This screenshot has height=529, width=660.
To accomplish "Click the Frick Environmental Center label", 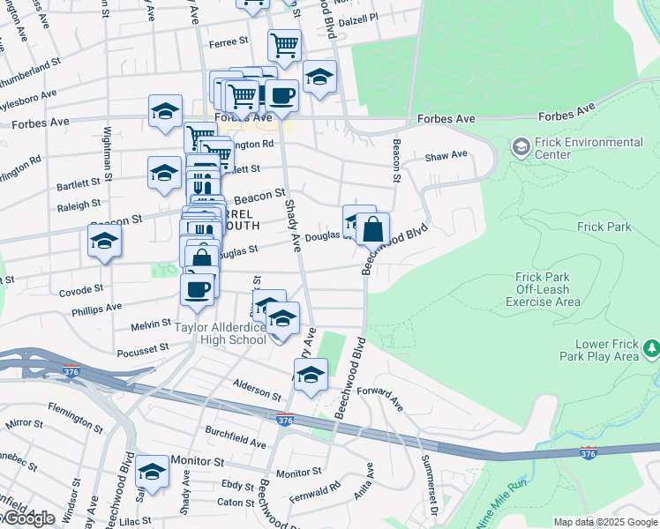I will point(589,148).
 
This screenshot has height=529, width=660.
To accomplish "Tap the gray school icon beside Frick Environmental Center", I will point(521,145).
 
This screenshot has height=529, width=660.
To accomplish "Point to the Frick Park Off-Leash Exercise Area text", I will point(543,289).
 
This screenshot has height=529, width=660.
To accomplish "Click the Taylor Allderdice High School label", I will point(220,333).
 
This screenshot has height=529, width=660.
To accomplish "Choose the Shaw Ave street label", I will point(446,155).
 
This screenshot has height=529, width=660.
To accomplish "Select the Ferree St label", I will point(229,42).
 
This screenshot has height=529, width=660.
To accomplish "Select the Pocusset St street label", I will point(142,350).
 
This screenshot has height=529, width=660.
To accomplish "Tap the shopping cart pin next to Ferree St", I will point(284,44).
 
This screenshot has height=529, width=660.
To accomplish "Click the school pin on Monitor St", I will point(153,472).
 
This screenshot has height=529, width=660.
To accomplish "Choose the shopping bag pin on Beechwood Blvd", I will point(373,229).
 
